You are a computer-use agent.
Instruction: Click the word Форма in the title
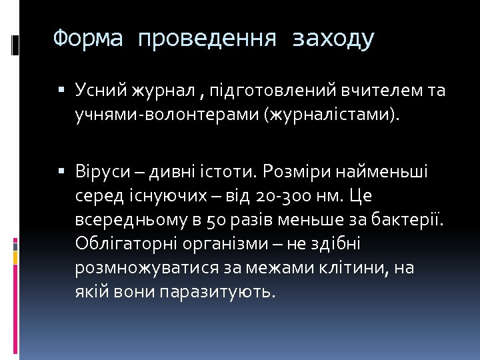(x=88, y=39)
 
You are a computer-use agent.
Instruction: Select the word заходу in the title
(x=333, y=39)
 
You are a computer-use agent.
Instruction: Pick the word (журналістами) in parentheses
(x=333, y=115)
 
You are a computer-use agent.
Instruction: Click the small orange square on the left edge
(x=15, y=255)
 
